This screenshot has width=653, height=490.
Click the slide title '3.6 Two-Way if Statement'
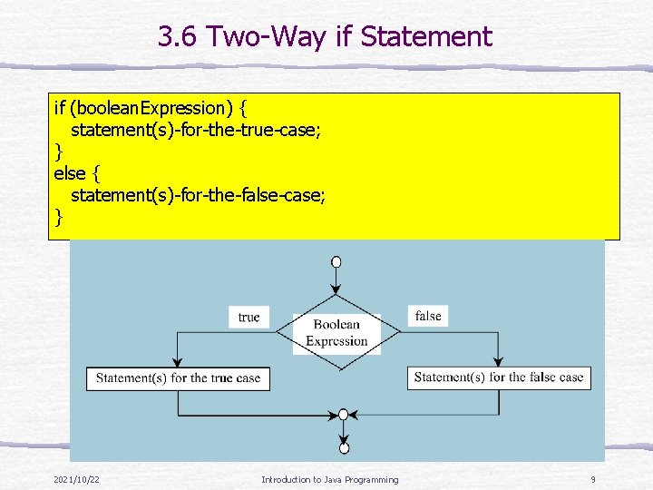click(325, 37)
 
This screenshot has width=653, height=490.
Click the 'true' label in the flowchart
click(249, 317)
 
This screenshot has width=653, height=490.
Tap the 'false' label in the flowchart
click(428, 316)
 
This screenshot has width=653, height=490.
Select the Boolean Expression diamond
click(336, 332)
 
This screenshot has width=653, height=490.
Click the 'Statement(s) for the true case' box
click(178, 378)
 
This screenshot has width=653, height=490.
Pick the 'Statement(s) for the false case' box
click(499, 377)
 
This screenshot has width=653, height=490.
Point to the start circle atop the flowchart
click(336, 262)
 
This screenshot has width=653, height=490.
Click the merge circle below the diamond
click(343, 415)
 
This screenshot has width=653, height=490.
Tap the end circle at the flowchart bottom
click(344, 447)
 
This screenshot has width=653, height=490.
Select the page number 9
click(592, 479)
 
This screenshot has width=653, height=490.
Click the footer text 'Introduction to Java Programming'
click(329, 479)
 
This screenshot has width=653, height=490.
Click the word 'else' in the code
click(70, 173)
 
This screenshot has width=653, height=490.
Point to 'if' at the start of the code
click(59, 109)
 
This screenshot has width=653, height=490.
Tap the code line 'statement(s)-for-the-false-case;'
click(199, 195)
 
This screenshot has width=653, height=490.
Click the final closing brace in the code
click(59, 216)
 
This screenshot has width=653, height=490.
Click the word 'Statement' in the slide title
click(426, 37)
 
